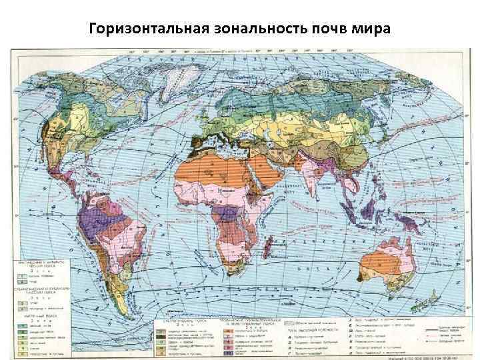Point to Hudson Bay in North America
point(100,100)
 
